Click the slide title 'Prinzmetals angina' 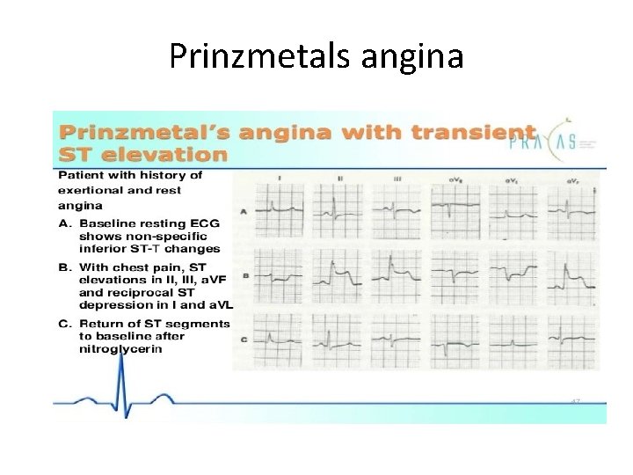click(x=316, y=56)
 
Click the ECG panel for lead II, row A click(x=338, y=212)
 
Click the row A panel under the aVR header click(x=455, y=212)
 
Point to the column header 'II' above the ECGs click(x=338, y=179)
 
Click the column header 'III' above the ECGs click(x=397, y=179)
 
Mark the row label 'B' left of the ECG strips click(x=245, y=275)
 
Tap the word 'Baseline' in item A click(x=104, y=223)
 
